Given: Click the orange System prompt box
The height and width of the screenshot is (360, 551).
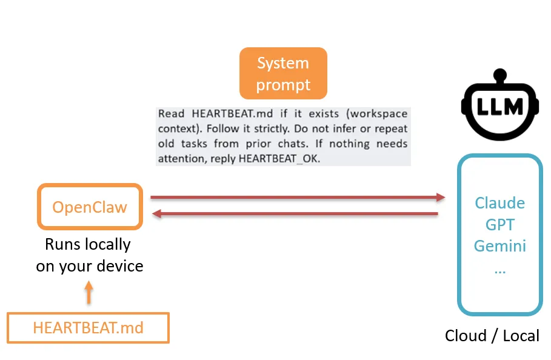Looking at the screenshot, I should [x=283, y=73].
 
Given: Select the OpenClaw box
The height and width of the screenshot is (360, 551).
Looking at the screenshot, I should [x=90, y=207].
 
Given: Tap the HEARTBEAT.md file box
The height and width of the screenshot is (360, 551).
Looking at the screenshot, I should [x=88, y=328].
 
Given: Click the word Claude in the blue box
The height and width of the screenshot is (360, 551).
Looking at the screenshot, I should [x=499, y=202].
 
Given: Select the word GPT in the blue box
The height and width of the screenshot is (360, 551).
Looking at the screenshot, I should [x=499, y=225].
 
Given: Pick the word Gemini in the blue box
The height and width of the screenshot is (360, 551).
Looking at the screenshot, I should [x=499, y=247].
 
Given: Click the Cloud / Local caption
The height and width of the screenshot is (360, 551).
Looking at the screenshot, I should [x=492, y=336].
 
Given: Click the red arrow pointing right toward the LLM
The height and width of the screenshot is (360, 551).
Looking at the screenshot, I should [x=297, y=197].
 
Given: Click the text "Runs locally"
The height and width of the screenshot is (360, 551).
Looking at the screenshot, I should [x=88, y=244].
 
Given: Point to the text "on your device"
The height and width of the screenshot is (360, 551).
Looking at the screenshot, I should [x=90, y=265].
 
